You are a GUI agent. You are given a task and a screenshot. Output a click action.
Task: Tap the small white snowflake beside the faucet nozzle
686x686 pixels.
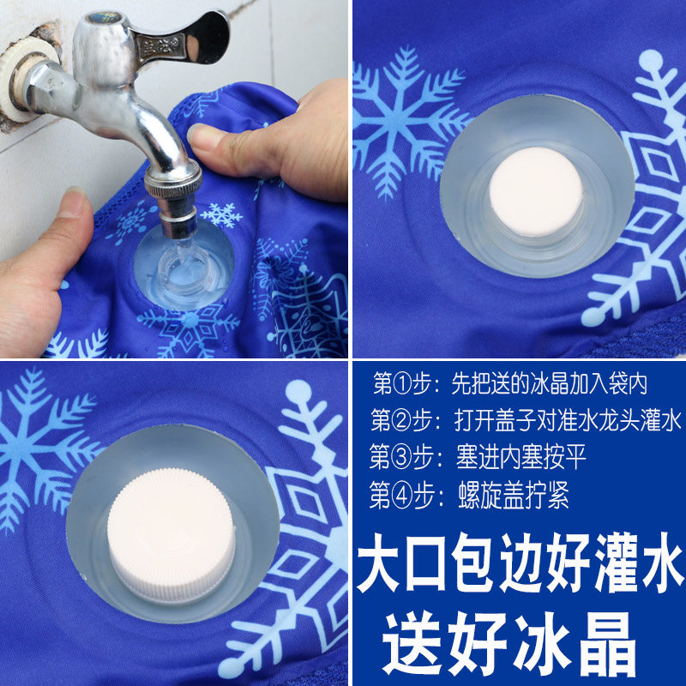[221, 214]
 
